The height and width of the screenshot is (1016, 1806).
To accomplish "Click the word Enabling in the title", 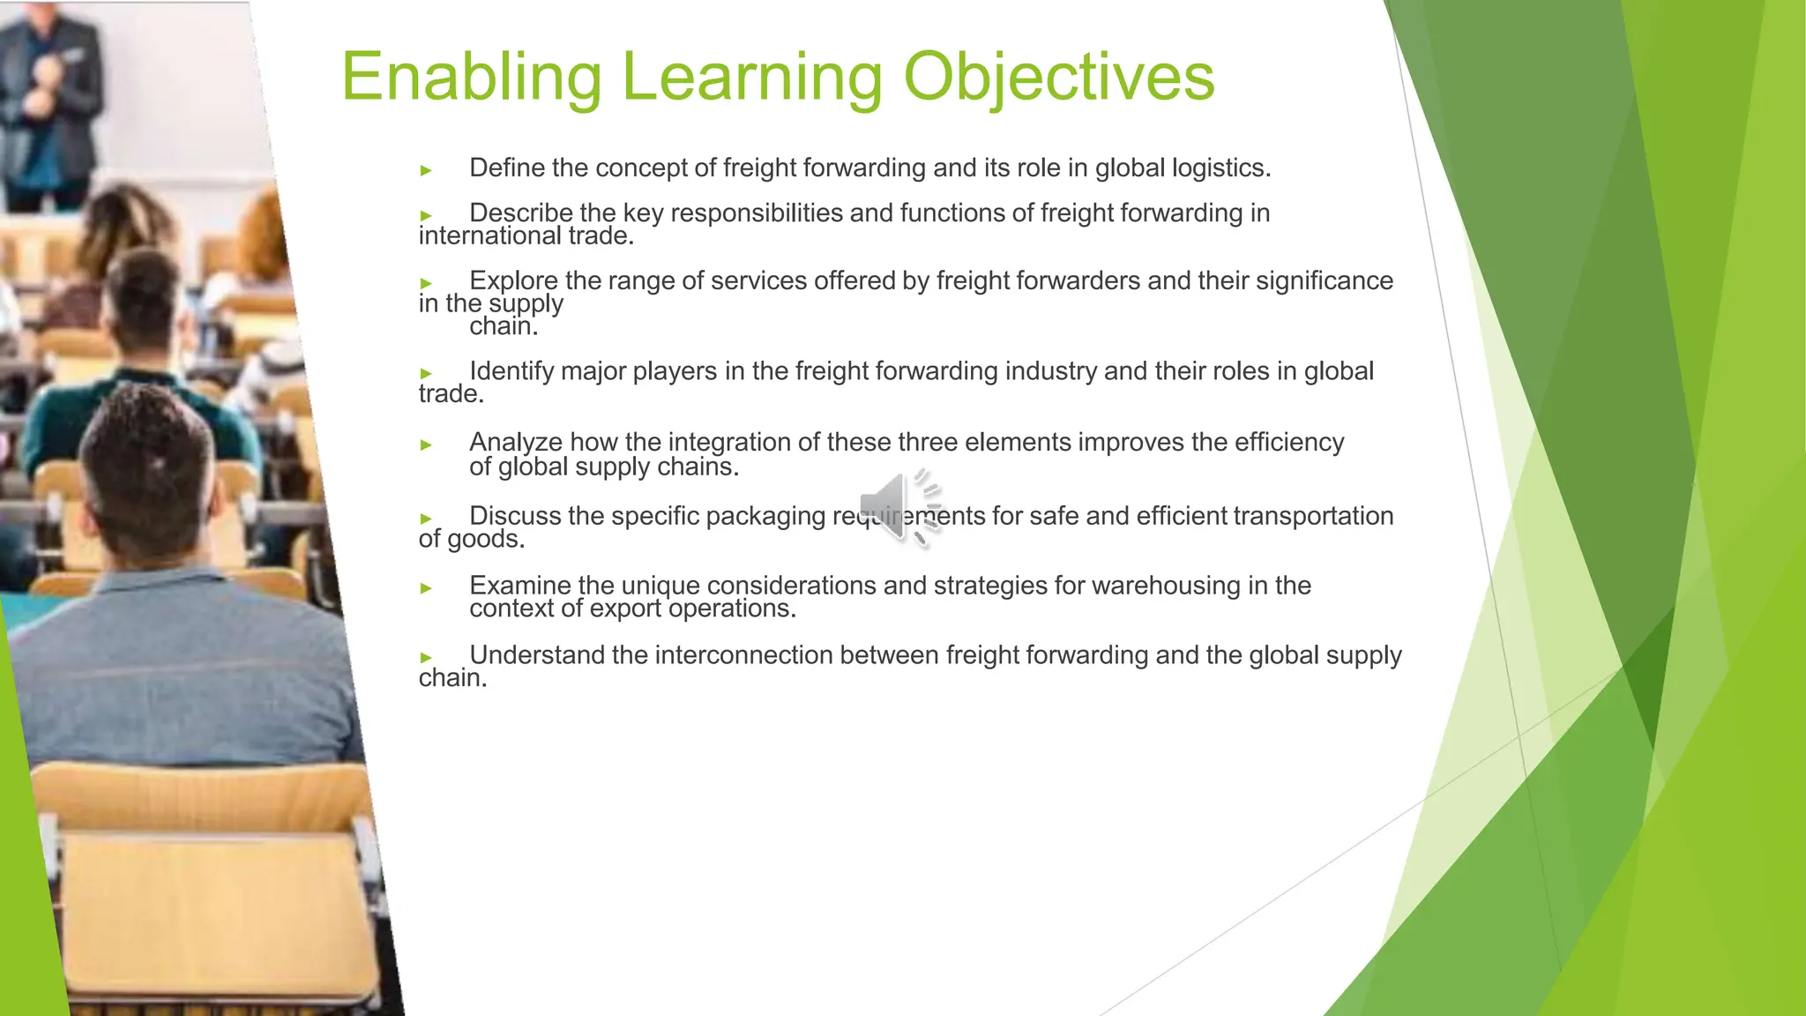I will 471,78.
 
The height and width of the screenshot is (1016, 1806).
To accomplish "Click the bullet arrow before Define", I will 426,170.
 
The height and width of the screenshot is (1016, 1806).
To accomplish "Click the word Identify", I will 511,371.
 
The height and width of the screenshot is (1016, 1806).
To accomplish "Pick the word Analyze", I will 515,442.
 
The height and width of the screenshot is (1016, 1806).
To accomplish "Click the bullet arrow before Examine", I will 426,588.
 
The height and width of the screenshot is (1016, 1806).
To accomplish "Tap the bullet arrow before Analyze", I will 426,444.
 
